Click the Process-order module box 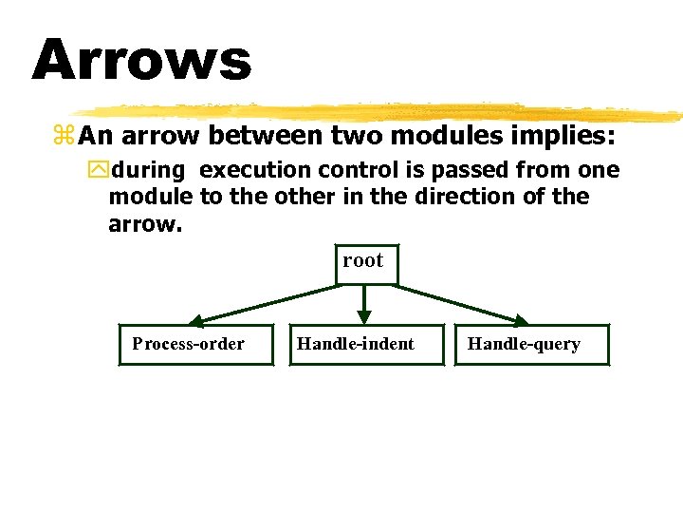pyautogui.click(x=189, y=345)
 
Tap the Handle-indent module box pyautogui.click(x=356, y=345)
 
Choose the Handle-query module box pyautogui.click(x=524, y=345)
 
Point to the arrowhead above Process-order pyautogui.click(x=196, y=320)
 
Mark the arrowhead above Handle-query pyautogui.click(x=521, y=320)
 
